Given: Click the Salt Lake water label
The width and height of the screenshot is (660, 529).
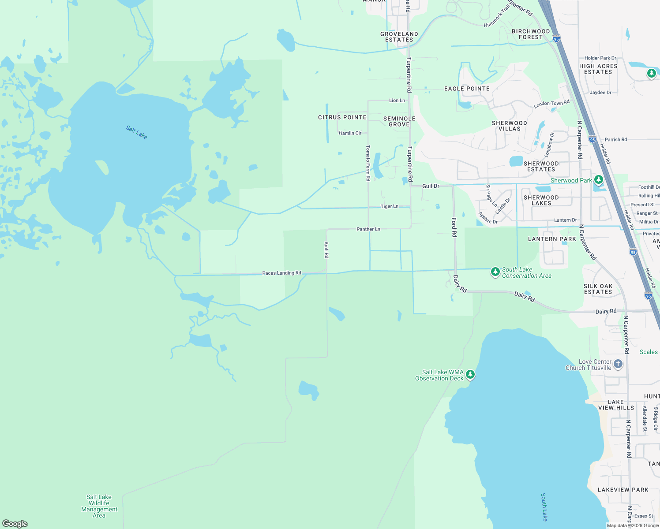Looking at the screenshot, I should point(136,132).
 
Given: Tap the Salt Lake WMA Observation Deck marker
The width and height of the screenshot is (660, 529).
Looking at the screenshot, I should point(470,375).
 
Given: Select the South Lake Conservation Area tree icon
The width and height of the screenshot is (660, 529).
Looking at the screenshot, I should point(495,272).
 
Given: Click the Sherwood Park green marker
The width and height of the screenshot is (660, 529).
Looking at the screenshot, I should point(599,180).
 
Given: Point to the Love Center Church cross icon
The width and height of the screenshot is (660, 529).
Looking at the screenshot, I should point(618,364).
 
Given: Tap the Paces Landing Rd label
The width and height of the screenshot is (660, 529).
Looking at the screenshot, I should point(281,273).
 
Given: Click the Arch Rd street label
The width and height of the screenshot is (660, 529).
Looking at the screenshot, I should point(326,250).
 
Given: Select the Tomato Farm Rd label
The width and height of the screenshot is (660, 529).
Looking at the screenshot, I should point(368,163).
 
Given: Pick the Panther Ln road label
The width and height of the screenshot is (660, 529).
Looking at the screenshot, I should point(368,229).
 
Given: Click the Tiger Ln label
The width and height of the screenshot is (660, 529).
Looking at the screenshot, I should point(390,206).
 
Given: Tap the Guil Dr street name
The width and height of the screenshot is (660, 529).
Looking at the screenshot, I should point(431,186).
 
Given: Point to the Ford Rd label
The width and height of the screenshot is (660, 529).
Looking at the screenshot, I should point(454,227).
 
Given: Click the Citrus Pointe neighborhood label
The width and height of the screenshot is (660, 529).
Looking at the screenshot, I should point(342,117).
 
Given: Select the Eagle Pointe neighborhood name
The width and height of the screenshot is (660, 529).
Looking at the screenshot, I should point(467,89).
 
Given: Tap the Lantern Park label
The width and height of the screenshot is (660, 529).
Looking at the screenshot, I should point(552,239).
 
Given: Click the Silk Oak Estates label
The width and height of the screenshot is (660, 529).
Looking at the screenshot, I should point(598,289).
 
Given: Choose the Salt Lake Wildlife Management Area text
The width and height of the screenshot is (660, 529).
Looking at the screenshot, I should point(99,506).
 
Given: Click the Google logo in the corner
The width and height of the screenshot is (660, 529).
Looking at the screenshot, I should point(15,523).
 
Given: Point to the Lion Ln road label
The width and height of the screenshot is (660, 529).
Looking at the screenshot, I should point(397,101).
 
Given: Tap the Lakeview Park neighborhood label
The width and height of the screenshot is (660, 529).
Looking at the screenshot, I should point(623,490).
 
